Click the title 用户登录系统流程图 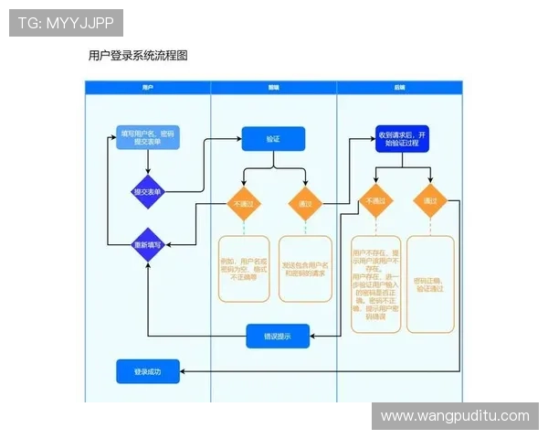click(x=138, y=55)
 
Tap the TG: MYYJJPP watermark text click(x=66, y=22)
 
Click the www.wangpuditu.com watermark click(x=454, y=416)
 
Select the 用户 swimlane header click(x=148, y=87)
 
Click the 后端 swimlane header click(x=399, y=87)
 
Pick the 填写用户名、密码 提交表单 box click(x=147, y=138)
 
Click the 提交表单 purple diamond click(x=148, y=192)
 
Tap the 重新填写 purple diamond click(x=147, y=245)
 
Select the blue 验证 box click(x=273, y=139)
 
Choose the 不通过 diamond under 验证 click(x=244, y=204)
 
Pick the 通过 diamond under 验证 click(x=305, y=204)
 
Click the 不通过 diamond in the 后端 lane click(x=376, y=201)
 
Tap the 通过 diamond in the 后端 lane click(x=430, y=201)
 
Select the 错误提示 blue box click(x=278, y=336)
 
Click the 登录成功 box click(x=148, y=372)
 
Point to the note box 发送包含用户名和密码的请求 click(x=305, y=268)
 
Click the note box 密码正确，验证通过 click(x=430, y=284)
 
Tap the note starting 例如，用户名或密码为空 click(x=244, y=268)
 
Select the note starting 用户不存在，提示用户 click(x=376, y=284)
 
